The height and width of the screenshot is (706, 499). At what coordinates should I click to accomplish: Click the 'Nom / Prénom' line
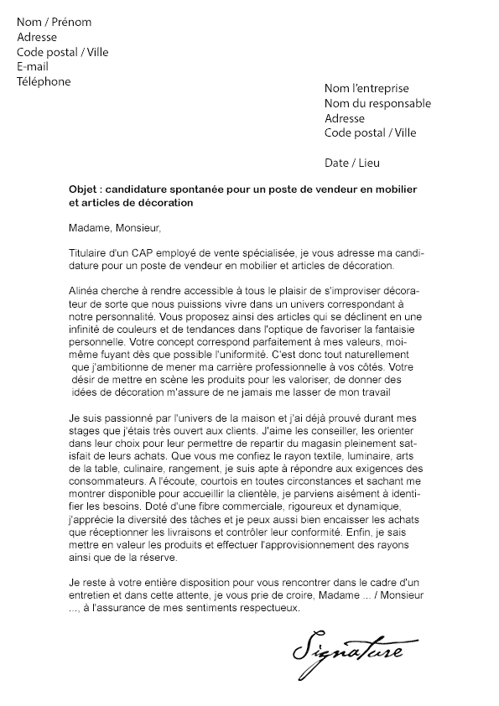pos(54,22)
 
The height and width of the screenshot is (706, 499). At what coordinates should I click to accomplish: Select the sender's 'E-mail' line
pos(33,66)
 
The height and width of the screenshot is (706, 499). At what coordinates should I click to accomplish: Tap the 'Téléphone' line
pos(44,81)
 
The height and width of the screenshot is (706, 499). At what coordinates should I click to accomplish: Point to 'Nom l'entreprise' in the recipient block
pos(366,88)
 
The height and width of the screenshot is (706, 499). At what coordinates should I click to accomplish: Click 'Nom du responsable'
pos(377,103)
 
